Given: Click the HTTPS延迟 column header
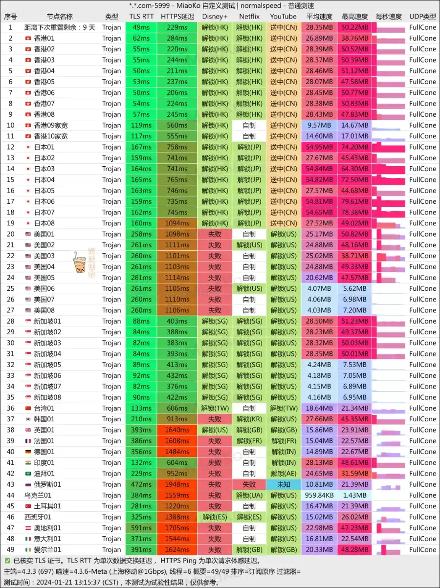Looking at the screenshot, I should point(174,17).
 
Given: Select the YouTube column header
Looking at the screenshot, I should point(283,17).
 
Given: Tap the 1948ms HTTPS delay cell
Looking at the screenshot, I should point(174,484).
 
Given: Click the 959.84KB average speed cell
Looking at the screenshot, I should point(319,495).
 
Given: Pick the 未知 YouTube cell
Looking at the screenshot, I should point(284,484).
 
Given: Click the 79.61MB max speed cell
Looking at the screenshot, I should point(355,201).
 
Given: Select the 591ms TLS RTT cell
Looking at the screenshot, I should point(141,528).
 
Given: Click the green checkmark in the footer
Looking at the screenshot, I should point(7,561).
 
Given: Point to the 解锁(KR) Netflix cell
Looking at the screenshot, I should point(249,419).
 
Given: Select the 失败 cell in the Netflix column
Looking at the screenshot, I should point(249,484).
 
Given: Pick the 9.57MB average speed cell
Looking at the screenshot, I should point(319,125).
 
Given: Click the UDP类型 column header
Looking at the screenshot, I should point(422,17).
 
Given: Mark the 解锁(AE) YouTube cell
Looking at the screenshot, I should point(284,474).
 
